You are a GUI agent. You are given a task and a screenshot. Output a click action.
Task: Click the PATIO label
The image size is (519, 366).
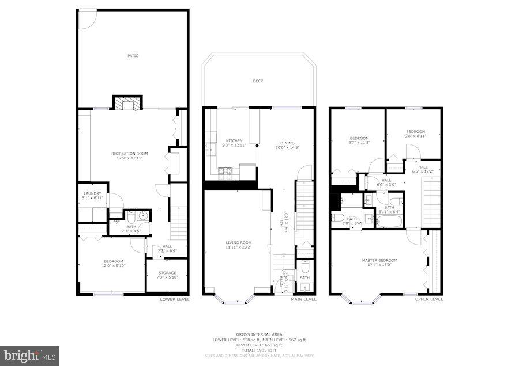133,56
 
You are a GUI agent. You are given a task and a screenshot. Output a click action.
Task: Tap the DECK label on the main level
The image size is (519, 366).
258,81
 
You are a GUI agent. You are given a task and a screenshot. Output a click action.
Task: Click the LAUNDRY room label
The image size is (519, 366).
92,193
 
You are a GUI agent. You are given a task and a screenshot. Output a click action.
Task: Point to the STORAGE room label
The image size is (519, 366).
167,273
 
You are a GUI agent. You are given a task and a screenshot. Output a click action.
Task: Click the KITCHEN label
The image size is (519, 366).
234,141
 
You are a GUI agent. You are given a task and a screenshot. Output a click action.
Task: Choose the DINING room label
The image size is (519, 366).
287,143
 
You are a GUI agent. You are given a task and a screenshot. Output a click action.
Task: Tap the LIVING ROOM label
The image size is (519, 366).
238,243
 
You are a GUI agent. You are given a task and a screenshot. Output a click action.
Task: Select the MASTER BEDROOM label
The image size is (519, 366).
379,260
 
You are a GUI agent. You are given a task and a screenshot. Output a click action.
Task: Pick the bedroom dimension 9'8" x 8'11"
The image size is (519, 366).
415,136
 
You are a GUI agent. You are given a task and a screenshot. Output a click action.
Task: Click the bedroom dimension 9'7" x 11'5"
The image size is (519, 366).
359,142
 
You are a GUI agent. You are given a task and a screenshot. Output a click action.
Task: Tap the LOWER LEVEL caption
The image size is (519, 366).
174,299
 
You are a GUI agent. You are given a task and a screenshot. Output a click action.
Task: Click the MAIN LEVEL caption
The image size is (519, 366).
303,299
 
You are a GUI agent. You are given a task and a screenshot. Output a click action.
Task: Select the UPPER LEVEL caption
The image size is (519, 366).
429,299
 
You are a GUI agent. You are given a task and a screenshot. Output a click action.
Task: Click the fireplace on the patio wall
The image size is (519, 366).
126,103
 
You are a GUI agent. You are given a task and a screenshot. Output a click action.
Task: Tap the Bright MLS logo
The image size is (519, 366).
30,356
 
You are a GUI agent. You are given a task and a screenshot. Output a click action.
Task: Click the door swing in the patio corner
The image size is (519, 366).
87,19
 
